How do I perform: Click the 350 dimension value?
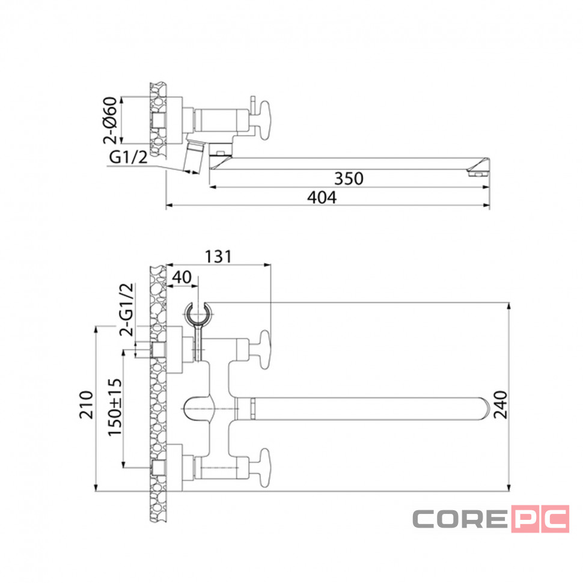click(x=349, y=179)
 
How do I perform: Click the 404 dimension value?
click(x=322, y=197)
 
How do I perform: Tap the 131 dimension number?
click(x=218, y=257)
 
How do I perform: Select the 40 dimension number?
click(x=182, y=277)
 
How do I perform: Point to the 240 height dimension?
click(x=501, y=404)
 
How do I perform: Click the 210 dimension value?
click(x=87, y=405)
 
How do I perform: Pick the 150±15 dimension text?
click(x=115, y=407)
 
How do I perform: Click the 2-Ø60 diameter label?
click(x=110, y=120)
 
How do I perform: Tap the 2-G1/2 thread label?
click(x=126, y=310)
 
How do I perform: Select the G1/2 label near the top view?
click(x=128, y=157)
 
